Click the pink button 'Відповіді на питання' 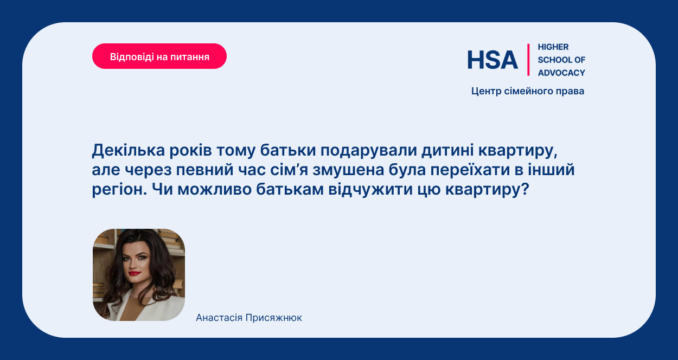coord(159,56)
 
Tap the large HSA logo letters coord(492,60)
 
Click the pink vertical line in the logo coord(528,60)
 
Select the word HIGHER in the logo coord(553,47)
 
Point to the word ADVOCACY coord(561,73)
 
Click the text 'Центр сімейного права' coord(528,91)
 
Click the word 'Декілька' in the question coord(129,150)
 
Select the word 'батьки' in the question coord(288,150)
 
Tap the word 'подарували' coord(369,151)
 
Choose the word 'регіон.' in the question coord(119,190)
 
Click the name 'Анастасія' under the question coord(219,318)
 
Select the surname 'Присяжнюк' coord(273,318)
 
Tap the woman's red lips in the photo coord(135,273)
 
